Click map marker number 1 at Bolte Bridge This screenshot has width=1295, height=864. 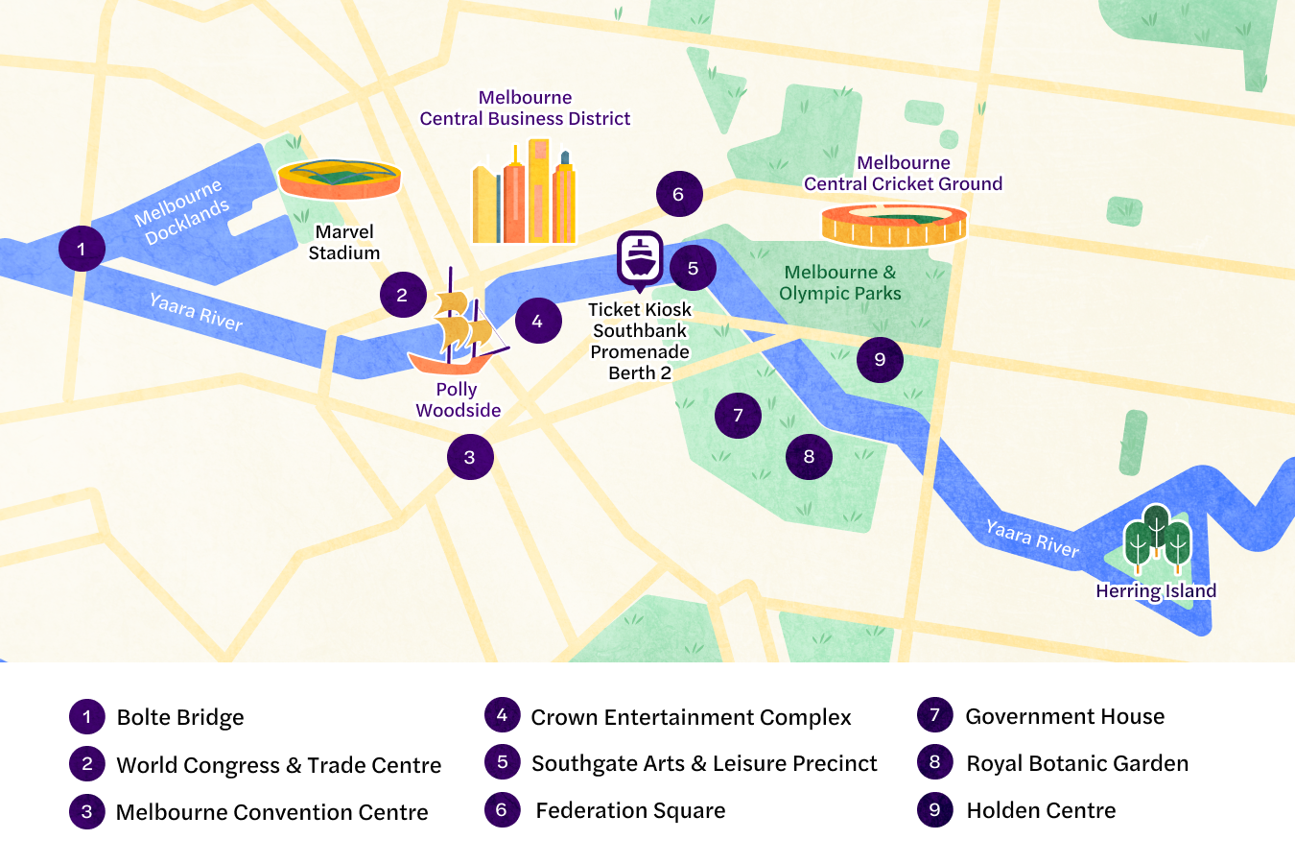tap(82, 249)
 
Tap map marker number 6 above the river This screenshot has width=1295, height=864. tap(679, 194)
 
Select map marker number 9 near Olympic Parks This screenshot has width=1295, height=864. tap(880, 360)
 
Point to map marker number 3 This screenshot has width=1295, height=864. tap(470, 457)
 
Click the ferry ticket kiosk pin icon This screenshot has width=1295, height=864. tap(640, 259)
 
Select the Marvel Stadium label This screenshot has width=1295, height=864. tap(344, 242)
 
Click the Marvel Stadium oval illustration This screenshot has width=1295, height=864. tap(339, 180)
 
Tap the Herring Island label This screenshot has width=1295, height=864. tap(1156, 591)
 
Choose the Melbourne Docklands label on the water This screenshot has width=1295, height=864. tap(182, 212)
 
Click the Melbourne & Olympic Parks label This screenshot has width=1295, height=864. tap(840, 283)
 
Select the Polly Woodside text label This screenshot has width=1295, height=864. tap(458, 399)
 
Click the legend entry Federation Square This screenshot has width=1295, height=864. tap(630, 810)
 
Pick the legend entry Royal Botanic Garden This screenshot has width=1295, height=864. tap(1077, 763)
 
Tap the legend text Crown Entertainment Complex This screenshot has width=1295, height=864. tap(691, 717)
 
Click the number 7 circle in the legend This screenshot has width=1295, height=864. tap(934, 715)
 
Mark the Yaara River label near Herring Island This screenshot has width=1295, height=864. tap(1032, 538)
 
